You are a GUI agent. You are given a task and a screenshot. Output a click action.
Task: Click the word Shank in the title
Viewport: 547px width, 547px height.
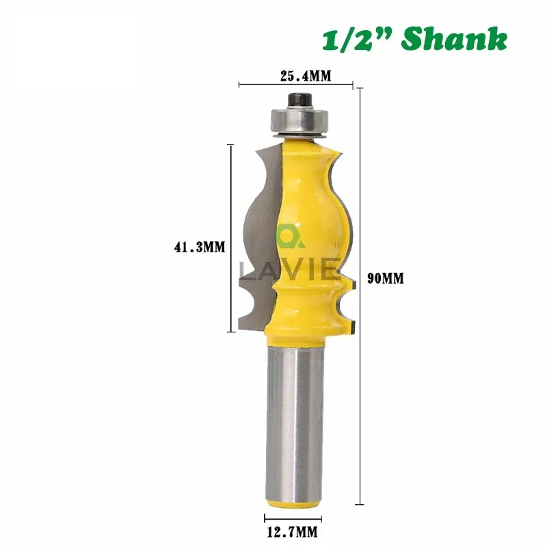(x=455, y=38)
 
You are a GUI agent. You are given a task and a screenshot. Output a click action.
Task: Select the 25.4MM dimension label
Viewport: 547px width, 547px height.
(x=306, y=76)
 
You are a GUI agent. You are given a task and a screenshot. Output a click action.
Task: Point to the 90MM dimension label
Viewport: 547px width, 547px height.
(x=386, y=279)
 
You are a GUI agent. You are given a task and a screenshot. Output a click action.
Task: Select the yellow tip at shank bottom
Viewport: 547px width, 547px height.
(x=293, y=505)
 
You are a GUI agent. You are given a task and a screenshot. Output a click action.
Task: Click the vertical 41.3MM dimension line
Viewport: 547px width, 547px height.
(x=230, y=239)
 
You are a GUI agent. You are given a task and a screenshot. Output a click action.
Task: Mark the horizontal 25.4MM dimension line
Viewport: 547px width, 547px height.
(x=295, y=85)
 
